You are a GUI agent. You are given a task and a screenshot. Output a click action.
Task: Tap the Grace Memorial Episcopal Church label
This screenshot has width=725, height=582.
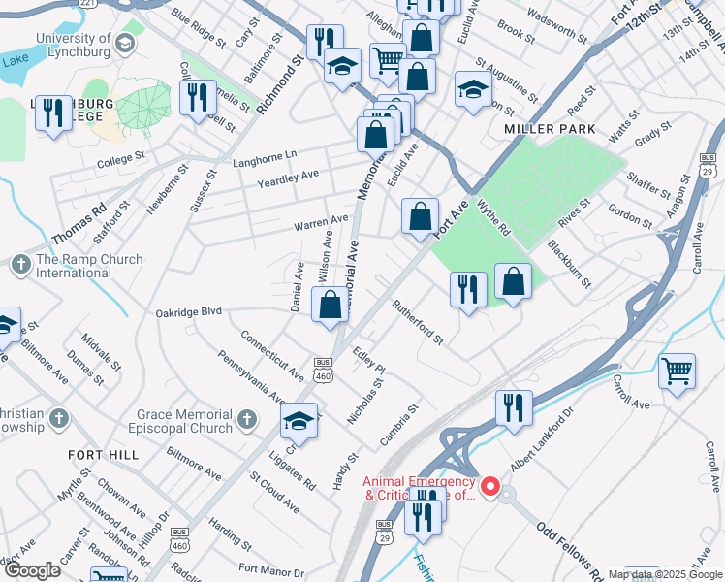pyautogui.click(x=183, y=421)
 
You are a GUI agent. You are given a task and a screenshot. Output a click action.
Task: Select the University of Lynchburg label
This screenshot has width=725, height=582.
pyautogui.click(x=72, y=44)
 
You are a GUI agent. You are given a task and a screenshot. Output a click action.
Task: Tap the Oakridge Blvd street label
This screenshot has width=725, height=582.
pyautogui.click(x=189, y=312)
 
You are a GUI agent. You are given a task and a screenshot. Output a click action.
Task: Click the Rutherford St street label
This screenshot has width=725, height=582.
pyautogui.click(x=417, y=324)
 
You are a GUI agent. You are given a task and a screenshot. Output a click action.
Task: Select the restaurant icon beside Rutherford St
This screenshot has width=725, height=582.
pyautogui.click(x=467, y=289)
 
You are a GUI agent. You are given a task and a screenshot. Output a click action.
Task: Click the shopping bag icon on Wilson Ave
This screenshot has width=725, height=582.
pyautogui.click(x=330, y=305)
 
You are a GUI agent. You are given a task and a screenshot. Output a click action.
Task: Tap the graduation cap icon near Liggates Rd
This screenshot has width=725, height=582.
pyautogui.click(x=299, y=421)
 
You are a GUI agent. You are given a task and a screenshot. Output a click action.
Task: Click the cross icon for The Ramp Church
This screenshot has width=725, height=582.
pyautogui.click(x=20, y=265)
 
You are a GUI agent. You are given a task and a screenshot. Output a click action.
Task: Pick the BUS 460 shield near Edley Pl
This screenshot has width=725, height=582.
pyautogui.click(x=323, y=370)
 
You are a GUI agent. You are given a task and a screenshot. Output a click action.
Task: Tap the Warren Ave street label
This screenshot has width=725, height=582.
pyautogui.click(x=321, y=224)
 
